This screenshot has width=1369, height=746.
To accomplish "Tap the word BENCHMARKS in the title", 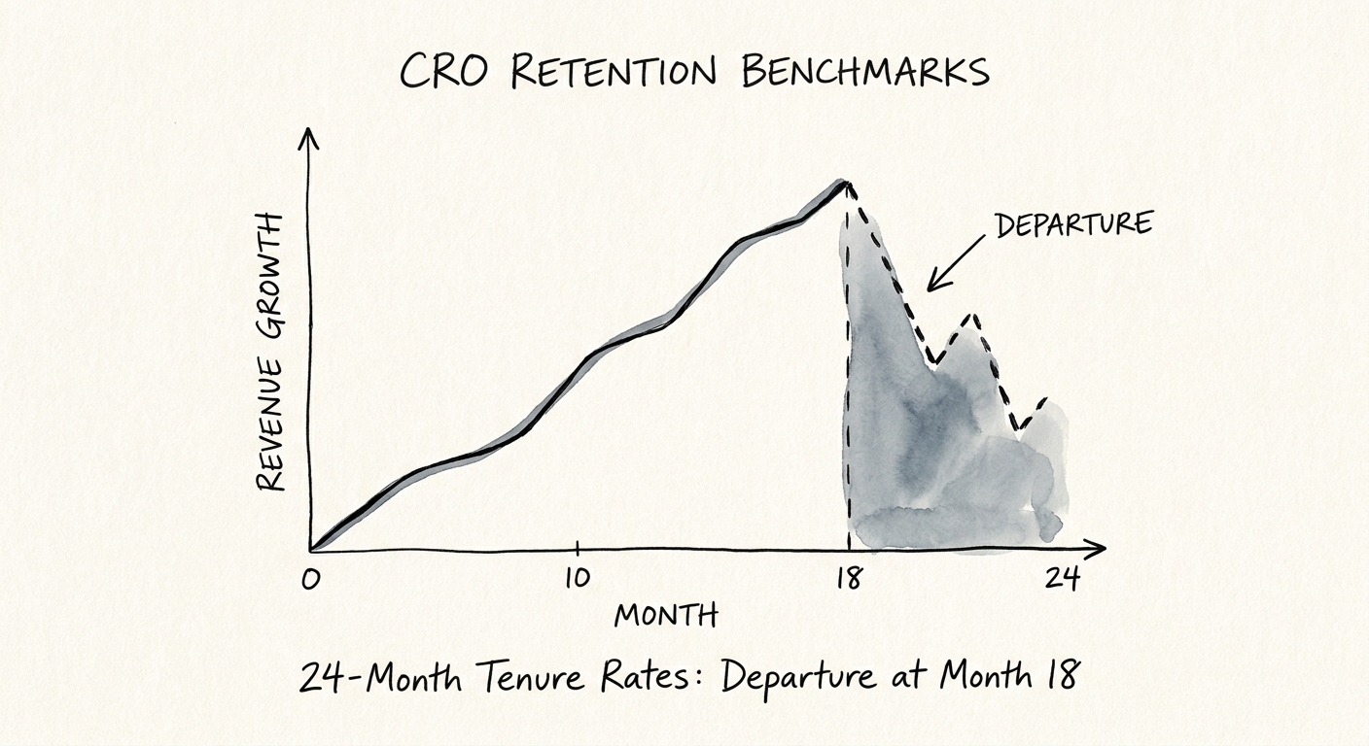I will [x=865, y=72].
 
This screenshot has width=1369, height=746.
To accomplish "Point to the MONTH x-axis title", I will [x=666, y=615].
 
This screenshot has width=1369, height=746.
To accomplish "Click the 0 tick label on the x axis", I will [x=310, y=580].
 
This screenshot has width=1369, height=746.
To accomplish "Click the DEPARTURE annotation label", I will [x=1072, y=223].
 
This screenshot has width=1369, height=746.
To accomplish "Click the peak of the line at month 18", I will [x=846, y=183].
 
